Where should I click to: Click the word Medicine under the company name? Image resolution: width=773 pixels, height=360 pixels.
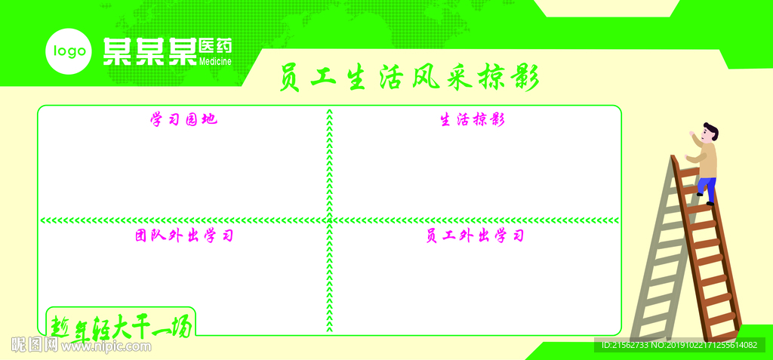pos(215,61)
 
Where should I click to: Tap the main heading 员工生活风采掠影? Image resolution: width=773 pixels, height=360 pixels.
pos(408,78)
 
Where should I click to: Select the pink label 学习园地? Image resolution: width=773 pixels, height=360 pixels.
pos(183,119)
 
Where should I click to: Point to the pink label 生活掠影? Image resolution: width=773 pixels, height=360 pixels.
pos(473,120)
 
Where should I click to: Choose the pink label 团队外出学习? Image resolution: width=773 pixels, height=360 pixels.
pos(183,235)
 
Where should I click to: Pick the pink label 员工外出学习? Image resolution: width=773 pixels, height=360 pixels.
pos(474,236)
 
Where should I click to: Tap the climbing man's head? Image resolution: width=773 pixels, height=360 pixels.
pos(709,133)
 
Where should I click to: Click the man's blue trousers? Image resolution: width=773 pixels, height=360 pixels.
pos(707,188)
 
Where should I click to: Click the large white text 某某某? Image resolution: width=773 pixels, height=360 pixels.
pos(149,51)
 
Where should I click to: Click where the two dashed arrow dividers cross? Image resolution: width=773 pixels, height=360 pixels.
pos(329,220)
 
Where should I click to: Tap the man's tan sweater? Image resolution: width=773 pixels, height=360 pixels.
pos(707,160)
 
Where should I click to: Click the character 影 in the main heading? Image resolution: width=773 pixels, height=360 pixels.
pos(527,78)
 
